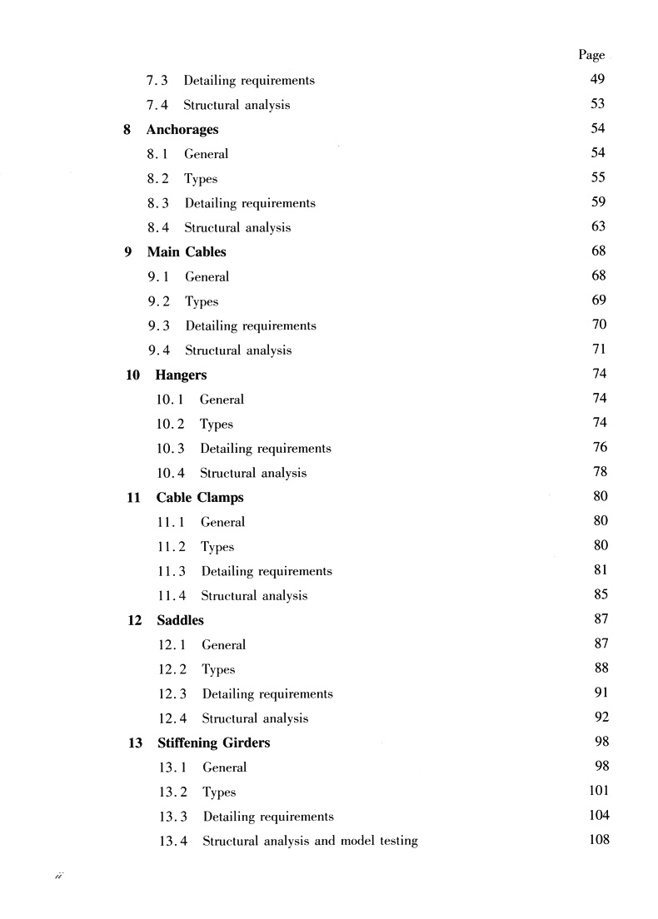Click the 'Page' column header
[x=591, y=55]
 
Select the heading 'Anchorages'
[x=182, y=130]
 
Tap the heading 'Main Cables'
[x=187, y=252]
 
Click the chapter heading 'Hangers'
[x=181, y=375]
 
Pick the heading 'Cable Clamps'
[x=200, y=498]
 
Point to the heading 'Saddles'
[x=181, y=620]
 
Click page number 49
[x=597, y=80]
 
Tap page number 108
[x=599, y=839]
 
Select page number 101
[x=599, y=791]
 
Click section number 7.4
[x=158, y=106]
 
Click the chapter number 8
[x=127, y=130]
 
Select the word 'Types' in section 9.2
[x=202, y=301]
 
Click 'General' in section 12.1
[x=223, y=645]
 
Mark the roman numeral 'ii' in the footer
[x=59, y=877]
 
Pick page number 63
[x=598, y=226]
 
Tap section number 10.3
[x=171, y=449]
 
